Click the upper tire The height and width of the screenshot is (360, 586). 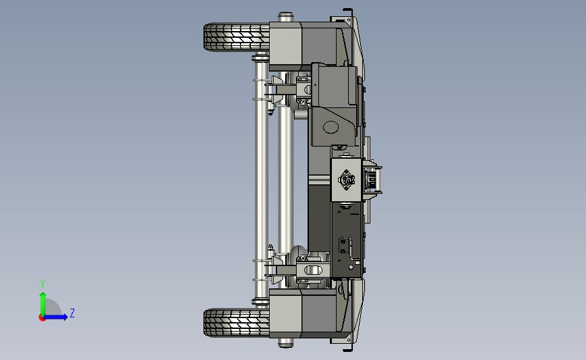236,37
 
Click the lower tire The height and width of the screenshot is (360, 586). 236,323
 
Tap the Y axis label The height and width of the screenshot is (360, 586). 43,284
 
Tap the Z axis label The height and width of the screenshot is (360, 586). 72,313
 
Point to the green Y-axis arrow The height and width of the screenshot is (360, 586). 43,305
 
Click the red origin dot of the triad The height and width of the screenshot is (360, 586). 42,318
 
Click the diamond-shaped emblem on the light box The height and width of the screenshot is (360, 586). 347,180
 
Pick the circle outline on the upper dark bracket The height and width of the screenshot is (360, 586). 331,128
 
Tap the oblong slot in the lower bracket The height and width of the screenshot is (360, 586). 314,269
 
